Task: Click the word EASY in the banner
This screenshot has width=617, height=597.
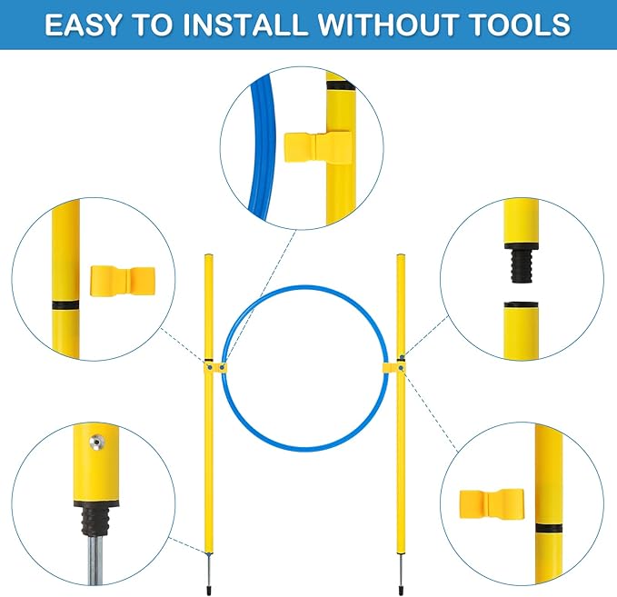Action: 83,25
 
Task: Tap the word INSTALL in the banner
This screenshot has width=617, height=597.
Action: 244,25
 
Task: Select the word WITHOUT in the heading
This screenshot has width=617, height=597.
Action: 388,25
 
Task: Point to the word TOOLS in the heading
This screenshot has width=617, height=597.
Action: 520,25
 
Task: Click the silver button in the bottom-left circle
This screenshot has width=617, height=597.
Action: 95,443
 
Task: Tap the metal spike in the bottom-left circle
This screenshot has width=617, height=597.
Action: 95,561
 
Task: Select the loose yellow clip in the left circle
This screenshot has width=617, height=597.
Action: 123,281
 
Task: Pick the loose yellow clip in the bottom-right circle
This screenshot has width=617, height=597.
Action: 492,504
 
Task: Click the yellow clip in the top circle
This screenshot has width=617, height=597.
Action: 318,147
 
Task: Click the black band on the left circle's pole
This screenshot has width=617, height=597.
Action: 65,305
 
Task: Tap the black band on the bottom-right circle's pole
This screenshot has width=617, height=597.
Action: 549,528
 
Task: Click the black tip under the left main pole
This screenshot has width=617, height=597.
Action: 209,590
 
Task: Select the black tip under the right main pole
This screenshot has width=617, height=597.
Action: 402,590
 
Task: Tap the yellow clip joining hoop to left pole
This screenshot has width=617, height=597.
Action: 215,368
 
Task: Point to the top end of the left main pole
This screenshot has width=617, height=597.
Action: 209,255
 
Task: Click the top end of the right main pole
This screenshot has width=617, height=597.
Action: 401,255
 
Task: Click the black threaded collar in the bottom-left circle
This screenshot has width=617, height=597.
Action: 95,518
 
